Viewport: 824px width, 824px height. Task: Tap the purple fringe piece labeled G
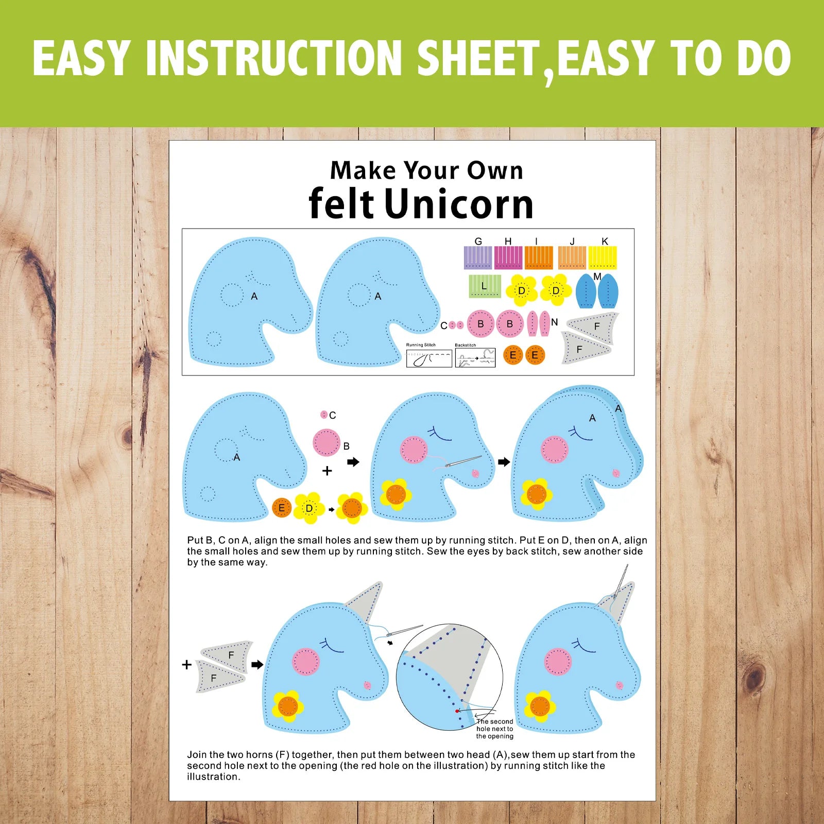(x=478, y=257)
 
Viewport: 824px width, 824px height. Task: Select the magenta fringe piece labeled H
(x=508, y=257)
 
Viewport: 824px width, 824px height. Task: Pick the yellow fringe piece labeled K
(x=603, y=257)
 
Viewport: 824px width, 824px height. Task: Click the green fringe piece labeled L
(x=485, y=286)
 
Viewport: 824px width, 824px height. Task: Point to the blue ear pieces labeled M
(x=596, y=291)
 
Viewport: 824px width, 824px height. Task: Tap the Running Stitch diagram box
(x=429, y=358)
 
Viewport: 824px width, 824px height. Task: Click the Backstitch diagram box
(x=475, y=358)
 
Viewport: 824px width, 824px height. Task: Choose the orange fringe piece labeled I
(x=539, y=257)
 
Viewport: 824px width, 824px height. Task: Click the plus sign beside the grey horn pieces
(x=187, y=664)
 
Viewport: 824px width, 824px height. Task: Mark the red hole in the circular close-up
(x=457, y=711)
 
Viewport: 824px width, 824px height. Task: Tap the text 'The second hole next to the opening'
(x=495, y=729)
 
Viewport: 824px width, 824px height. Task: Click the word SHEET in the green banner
(x=478, y=58)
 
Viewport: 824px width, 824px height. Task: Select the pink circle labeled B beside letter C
(x=480, y=324)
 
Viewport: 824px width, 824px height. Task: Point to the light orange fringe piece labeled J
(x=572, y=257)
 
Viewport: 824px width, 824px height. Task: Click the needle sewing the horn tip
(x=622, y=581)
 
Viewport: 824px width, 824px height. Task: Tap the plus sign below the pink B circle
(x=327, y=471)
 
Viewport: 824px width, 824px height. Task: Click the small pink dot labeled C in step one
(x=324, y=415)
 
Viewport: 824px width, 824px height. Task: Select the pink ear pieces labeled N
(x=539, y=323)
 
